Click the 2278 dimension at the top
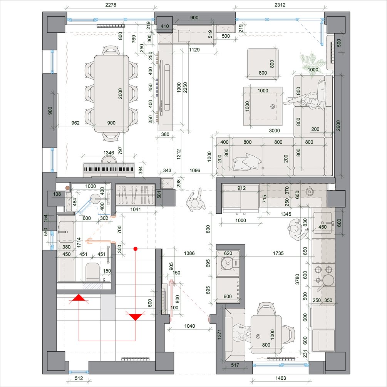(x=111, y=5)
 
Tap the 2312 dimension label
(x=280, y=5)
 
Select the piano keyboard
(x=109, y=169)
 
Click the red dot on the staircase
(x=135, y=248)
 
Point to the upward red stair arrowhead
(x=79, y=299)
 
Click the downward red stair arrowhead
(x=135, y=316)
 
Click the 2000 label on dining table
(x=120, y=94)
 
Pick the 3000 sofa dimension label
(x=274, y=131)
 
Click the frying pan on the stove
(x=326, y=281)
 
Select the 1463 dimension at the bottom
(x=281, y=378)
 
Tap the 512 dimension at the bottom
(x=79, y=378)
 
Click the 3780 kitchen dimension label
(x=297, y=279)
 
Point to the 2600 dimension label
(x=338, y=126)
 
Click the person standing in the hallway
(x=195, y=200)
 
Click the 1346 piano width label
(x=109, y=153)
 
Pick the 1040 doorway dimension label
(x=189, y=326)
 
